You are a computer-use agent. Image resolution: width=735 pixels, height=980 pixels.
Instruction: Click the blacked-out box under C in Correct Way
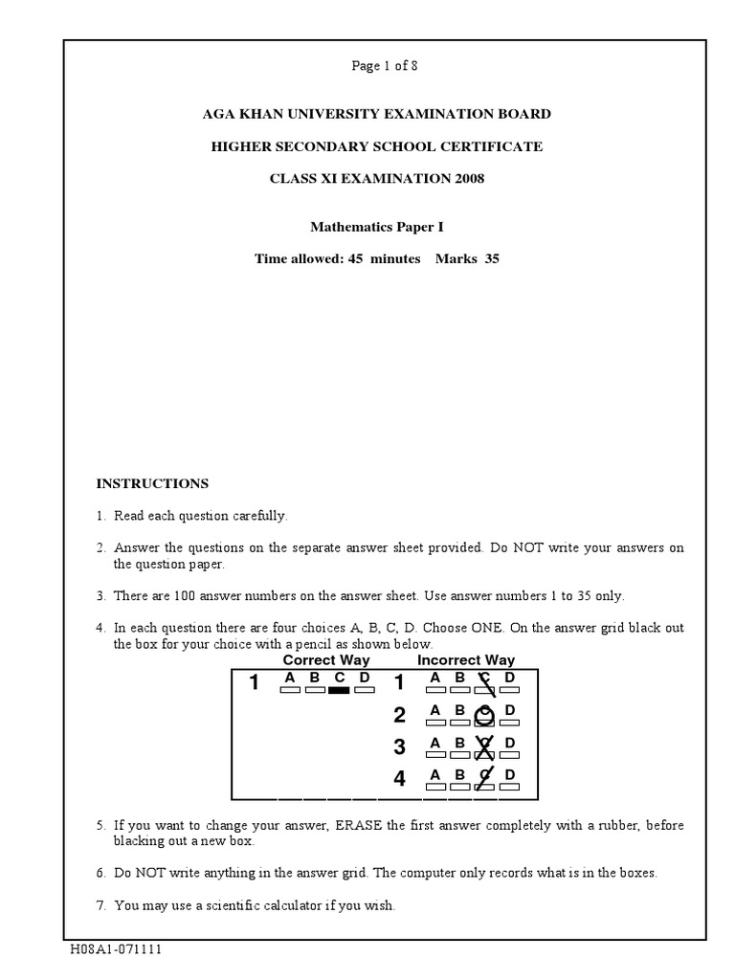[x=339, y=690]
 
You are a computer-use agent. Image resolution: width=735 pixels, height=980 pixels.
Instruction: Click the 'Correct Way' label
[x=325, y=660]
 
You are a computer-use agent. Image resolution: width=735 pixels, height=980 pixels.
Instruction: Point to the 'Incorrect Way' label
[x=466, y=660]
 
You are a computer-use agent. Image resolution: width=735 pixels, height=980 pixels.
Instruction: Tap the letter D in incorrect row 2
[x=510, y=711]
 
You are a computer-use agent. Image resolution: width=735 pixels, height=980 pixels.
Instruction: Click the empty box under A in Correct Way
[x=289, y=690]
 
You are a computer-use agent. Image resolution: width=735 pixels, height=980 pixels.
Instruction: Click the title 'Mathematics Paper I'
[x=376, y=228]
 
